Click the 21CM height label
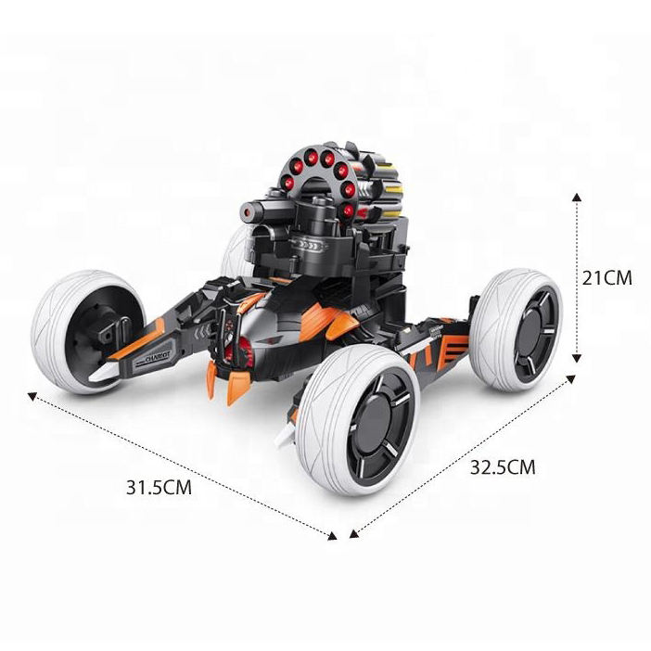tap(606, 278)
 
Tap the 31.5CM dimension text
tap(159, 487)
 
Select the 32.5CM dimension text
tap(503, 467)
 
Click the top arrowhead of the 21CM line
tap(576, 197)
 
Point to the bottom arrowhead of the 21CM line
tap(576, 358)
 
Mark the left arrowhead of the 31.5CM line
tap(32, 397)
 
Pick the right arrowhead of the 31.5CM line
tap(332, 536)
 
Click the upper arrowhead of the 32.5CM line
tap(571, 378)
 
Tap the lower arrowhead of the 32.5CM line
tap(353, 534)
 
